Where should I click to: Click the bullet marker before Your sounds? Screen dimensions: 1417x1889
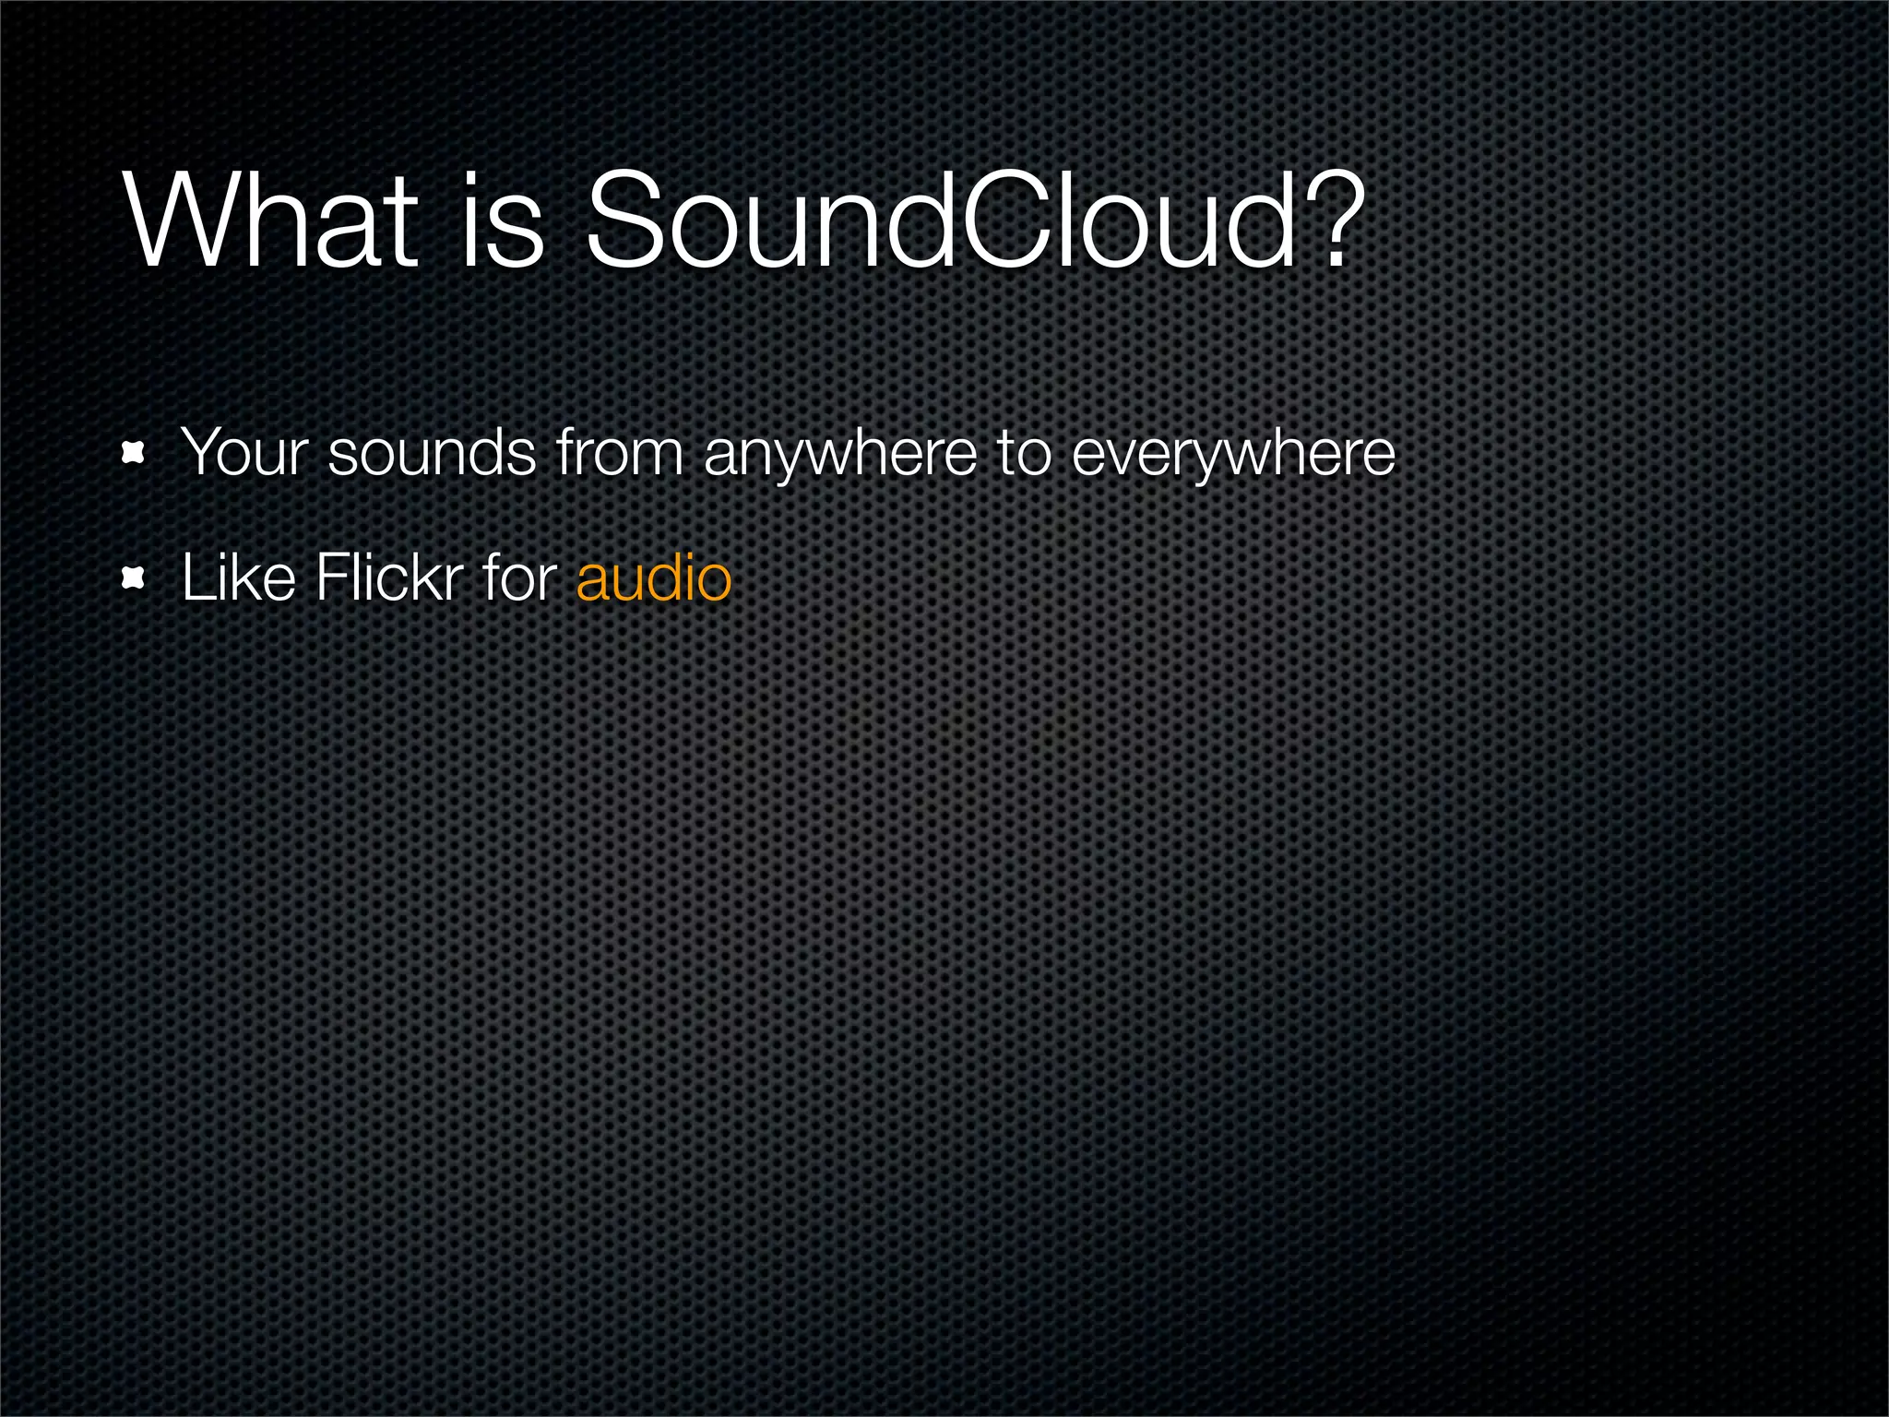pos(135,453)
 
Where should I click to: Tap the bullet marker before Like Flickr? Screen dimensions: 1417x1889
pos(135,578)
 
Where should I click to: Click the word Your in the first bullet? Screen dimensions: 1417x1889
pos(244,453)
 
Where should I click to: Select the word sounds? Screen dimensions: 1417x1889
pos(432,453)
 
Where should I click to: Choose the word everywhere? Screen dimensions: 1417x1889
pos(1233,455)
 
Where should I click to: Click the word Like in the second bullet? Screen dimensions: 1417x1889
pos(238,578)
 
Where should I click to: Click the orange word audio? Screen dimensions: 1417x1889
pos(654,578)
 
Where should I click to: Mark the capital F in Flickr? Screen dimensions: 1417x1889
pos(330,578)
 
